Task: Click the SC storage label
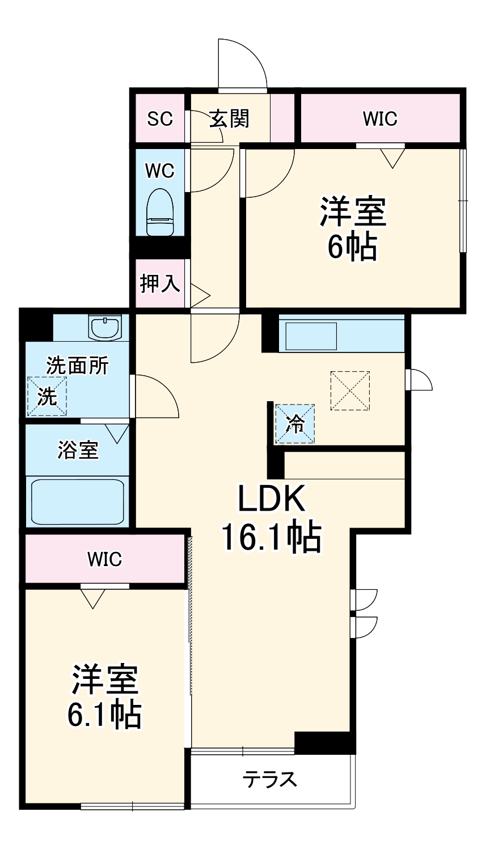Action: coord(160,119)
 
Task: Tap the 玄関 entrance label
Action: coord(229,118)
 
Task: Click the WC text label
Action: coord(160,171)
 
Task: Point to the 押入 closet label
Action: coord(160,283)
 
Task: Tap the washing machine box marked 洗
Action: coord(47,396)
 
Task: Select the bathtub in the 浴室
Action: coord(78,502)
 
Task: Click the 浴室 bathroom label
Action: coord(78,450)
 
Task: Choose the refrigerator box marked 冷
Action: coord(295,424)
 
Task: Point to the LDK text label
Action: coord(271,499)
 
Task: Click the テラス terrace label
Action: coord(270,780)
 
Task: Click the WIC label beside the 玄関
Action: coord(380,119)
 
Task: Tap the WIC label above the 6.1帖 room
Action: coord(105,559)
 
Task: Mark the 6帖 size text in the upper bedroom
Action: coord(352,246)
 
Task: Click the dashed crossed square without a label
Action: coord(350,390)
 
